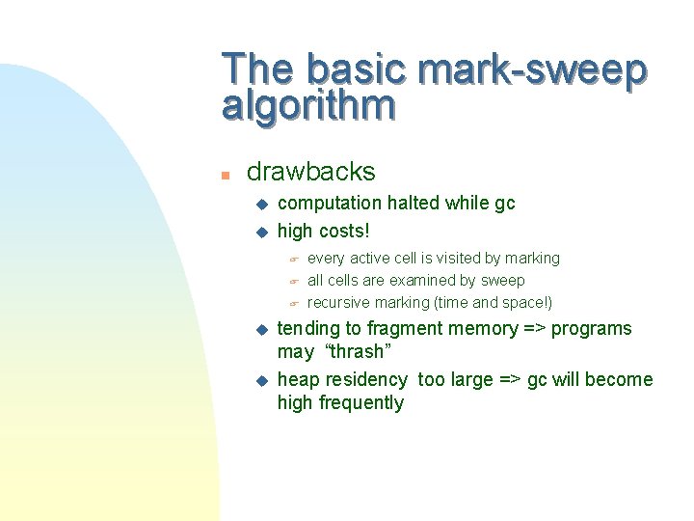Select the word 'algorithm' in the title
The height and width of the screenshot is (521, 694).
308,105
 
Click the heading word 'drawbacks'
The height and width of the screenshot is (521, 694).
311,172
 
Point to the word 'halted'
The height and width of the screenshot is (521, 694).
414,203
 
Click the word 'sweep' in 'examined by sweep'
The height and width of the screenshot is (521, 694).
503,281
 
